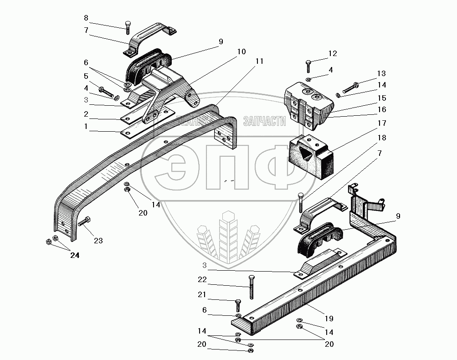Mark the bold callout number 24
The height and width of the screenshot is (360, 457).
pyautogui.click(x=75, y=256)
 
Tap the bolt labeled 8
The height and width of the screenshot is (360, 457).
pyautogui.click(x=128, y=27)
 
